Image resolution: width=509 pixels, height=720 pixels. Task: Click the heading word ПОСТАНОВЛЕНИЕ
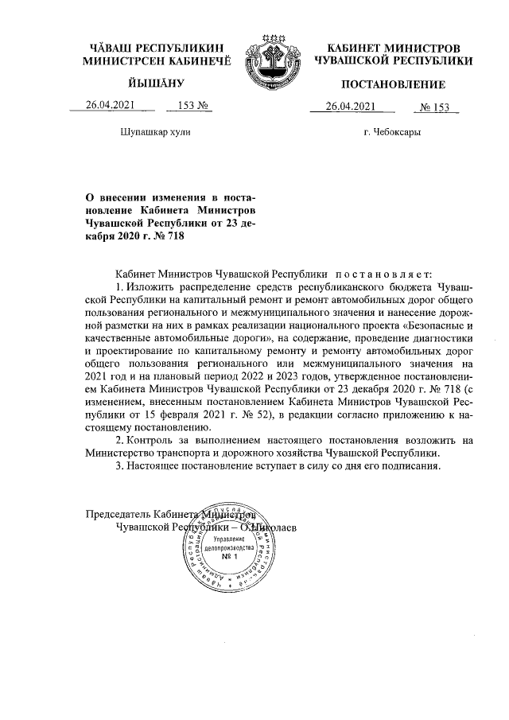coord(393,84)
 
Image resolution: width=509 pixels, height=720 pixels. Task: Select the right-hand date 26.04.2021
coord(350,107)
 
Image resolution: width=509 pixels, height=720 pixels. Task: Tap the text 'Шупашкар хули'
coord(155,129)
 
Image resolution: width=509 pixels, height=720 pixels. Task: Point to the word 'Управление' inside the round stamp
coord(231,541)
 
